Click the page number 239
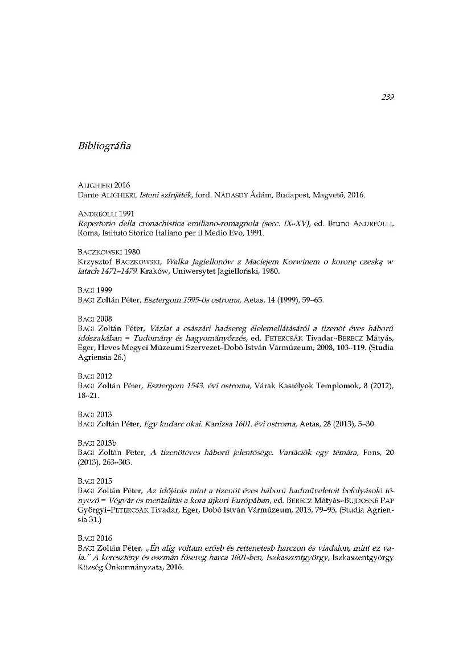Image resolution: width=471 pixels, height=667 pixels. point(387,97)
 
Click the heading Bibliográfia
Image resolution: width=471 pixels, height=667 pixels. point(104,146)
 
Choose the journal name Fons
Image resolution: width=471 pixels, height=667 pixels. point(374,453)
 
